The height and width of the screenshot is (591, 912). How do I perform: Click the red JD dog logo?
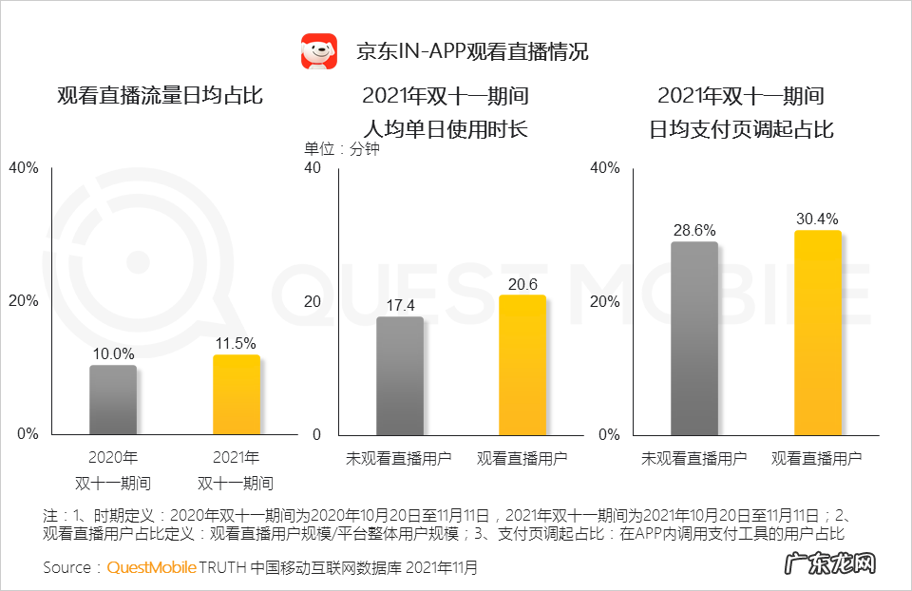[x=319, y=51]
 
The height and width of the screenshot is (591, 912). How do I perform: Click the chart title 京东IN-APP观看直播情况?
[x=472, y=51]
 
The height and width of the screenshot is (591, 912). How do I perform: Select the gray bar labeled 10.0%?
[x=113, y=400]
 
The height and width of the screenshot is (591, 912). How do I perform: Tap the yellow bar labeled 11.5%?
[x=236, y=394]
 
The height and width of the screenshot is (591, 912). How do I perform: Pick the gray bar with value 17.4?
[x=400, y=375]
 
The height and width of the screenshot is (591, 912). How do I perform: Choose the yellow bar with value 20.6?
[x=522, y=365]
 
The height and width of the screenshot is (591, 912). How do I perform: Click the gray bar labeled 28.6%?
[x=694, y=338]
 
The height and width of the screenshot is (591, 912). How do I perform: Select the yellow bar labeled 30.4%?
[x=817, y=333]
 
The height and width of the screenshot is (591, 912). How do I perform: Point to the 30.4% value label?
[x=817, y=219]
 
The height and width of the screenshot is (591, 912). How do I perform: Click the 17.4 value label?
[x=400, y=306]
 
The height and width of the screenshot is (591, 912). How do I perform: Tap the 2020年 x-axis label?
[x=113, y=457]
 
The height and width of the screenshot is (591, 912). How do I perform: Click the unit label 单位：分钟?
[x=341, y=150]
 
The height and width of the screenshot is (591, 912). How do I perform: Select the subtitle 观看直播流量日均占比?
[x=160, y=96]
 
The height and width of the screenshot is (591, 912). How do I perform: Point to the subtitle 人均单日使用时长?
[x=445, y=128]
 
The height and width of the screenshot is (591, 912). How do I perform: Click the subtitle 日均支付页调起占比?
[x=741, y=128]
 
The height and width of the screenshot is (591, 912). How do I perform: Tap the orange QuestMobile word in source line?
[x=151, y=568]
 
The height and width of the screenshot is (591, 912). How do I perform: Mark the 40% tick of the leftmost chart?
[x=24, y=168]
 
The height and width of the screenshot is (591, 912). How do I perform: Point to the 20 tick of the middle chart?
[x=312, y=301]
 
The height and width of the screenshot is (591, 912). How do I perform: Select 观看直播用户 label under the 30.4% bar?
[x=817, y=458]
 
